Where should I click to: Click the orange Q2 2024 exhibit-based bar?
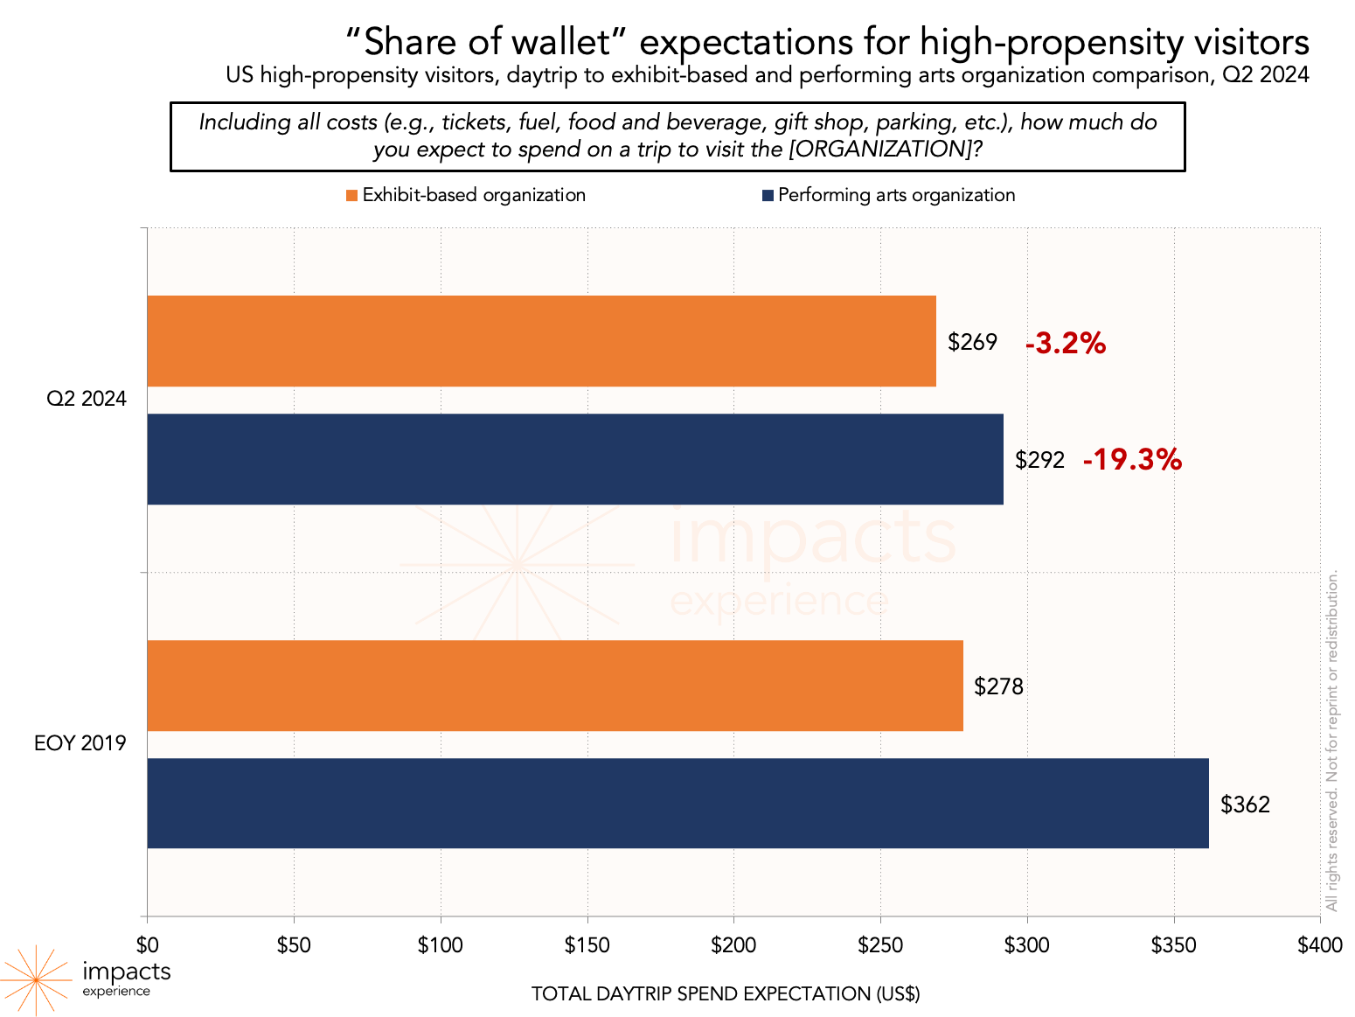click(541, 341)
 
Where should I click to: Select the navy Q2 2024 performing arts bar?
click(574, 459)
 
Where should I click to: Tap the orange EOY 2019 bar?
click(554, 686)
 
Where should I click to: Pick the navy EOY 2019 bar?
click(677, 803)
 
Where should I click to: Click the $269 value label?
click(972, 342)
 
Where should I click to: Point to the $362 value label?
click(1245, 805)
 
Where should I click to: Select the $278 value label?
click(998, 686)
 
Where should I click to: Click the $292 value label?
click(1039, 460)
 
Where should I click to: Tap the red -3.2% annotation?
click(1065, 344)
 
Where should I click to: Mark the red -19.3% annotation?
click(1132, 459)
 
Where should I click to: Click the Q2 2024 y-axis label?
click(87, 399)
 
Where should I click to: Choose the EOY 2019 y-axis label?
click(80, 744)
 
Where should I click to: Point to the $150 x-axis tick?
click(587, 945)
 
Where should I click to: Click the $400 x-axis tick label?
click(1319, 945)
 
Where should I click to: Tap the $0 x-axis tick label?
click(147, 945)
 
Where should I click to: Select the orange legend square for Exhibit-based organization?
click(351, 195)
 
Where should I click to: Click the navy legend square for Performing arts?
click(768, 195)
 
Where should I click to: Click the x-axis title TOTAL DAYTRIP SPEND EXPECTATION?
click(726, 993)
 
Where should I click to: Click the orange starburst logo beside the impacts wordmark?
click(36, 979)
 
